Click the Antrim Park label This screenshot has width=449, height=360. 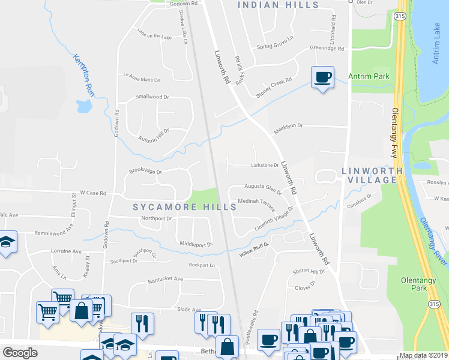pos(369,76)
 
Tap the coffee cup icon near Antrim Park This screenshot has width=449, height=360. pos(322,78)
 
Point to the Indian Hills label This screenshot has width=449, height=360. pos(278,5)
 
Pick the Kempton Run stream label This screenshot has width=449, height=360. pos(85,75)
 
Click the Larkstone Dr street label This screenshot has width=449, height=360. pos(265,165)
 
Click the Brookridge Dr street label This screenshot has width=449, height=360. pos(145,171)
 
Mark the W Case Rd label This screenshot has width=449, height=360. pos(92,193)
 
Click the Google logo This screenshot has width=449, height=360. pos(20,353)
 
